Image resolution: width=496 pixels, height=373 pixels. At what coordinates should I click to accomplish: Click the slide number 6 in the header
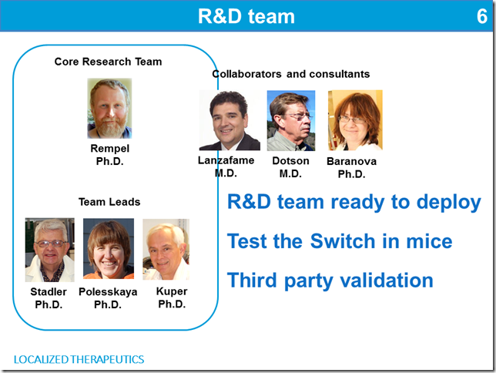point(482,16)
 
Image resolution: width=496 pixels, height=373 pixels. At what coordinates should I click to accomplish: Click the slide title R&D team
point(246,16)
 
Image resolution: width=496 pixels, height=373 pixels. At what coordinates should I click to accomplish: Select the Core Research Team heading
point(108,62)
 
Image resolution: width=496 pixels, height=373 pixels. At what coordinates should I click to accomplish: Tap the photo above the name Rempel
point(109,109)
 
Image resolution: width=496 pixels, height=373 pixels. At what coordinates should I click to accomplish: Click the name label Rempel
point(110,148)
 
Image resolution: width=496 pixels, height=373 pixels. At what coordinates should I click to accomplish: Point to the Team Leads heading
point(109,202)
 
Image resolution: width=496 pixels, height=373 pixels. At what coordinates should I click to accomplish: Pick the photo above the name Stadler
point(49,250)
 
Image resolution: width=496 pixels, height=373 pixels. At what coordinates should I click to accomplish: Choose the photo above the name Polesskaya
point(109,249)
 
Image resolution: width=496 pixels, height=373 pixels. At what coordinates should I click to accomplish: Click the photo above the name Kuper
point(166,250)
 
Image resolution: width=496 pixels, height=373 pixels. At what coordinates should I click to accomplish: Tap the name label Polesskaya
point(108,291)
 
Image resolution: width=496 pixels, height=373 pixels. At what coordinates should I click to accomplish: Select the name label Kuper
point(172,291)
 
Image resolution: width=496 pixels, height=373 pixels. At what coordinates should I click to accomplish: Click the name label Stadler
point(49,291)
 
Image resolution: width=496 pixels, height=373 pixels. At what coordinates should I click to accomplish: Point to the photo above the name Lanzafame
point(230,120)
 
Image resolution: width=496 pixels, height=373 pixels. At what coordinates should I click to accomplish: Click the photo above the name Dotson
point(291,121)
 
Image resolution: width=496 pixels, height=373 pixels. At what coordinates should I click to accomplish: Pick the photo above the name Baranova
point(355,120)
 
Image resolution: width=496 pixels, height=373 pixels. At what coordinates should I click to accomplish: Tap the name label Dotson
point(290,161)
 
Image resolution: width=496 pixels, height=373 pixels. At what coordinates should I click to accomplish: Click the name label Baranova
point(351,161)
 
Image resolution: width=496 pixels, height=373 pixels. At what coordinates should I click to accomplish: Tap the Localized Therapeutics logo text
point(79,359)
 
